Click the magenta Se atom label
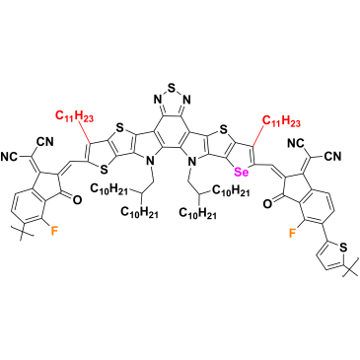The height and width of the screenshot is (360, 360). (241, 173)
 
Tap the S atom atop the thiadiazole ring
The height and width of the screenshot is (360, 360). (172, 87)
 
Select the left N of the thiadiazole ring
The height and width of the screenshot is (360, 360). (157, 99)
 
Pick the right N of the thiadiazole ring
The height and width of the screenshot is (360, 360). (186, 99)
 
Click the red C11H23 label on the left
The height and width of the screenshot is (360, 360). (74, 116)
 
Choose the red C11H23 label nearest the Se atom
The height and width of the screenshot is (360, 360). (281, 121)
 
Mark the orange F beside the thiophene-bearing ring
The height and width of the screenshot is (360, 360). (292, 233)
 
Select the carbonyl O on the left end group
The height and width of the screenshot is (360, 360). (76, 199)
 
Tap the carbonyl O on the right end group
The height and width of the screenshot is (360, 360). (268, 204)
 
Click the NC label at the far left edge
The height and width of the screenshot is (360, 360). (10, 157)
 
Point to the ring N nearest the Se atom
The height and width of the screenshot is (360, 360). (192, 161)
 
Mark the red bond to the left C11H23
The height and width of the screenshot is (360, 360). (84, 132)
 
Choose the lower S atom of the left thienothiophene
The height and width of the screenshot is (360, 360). (104, 170)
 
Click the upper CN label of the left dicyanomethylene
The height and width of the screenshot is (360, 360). (45, 142)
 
